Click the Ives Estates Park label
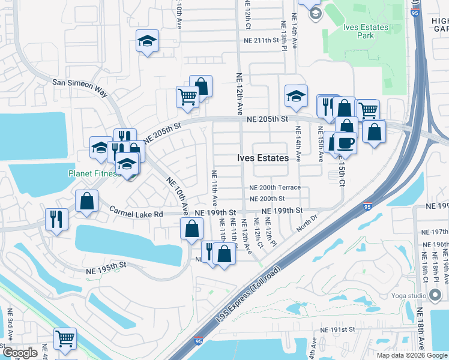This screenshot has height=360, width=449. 367,31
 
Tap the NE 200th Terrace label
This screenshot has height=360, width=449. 275,188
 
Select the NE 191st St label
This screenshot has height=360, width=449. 338,329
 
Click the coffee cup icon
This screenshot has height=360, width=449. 346,143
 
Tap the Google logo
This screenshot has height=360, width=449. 20,353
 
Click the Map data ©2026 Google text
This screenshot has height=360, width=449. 411,355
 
